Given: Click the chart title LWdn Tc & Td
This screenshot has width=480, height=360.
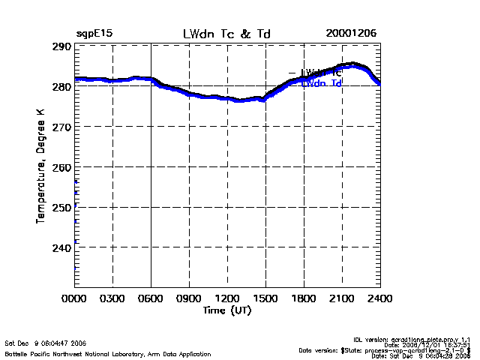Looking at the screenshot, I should pos(226,34).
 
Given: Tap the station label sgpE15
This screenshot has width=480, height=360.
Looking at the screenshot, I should pos(94,34).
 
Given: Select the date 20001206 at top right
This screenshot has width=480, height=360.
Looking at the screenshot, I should pos(351,34).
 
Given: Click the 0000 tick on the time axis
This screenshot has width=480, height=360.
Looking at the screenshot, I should pos(75,298).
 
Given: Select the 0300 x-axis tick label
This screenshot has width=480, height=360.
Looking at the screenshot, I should pos(112,298).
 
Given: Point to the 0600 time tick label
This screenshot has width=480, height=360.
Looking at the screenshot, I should pos(151,298).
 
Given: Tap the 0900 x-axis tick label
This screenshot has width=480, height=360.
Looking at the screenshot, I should pos(189,298).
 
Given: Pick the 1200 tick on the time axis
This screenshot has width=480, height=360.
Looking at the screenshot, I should pos(227,298).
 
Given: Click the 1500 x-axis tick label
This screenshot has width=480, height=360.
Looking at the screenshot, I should pos(265,298).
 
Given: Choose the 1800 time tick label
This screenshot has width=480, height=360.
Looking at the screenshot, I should pos(304,298).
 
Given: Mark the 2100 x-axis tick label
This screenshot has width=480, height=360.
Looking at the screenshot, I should pos(342,298).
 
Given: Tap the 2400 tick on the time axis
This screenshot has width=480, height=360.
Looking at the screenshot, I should pos(379,298).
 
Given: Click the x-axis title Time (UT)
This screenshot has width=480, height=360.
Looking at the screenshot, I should pos(227,310).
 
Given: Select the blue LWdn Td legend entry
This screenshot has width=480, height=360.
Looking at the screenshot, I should pos(322,84).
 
